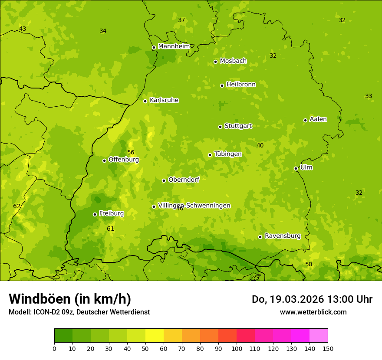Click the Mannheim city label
pyautogui.click(x=174, y=46)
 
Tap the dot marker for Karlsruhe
pyautogui.click(x=145, y=101)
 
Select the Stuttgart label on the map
pyautogui.click(x=238, y=126)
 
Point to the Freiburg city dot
pyautogui.click(x=95, y=214)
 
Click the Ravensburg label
pyautogui.click(x=283, y=236)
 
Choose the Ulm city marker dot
pyautogui.click(x=296, y=168)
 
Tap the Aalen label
pyautogui.click(x=318, y=119)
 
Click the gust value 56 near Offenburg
pyautogui.click(x=131, y=152)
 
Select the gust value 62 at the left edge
pyautogui.click(x=17, y=206)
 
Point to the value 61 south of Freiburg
pyautogui.click(x=111, y=229)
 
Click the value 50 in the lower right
pyautogui.click(x=309, y=264)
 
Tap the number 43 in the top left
pyautogui.click(x=23, y=29)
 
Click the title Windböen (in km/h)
pyautogui.click(x=70, y=299)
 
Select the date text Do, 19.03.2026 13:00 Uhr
pyautogui.click(x=312, y=299)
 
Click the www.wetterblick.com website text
pyautogui.click(x=313, y=312)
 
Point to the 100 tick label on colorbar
pyautogui.click(x=237, y=348)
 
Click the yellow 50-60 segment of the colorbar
pyautogui.click(x=155, y=336)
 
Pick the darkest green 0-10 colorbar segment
pyautogui.click(x=63, y=336)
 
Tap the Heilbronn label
pyautogui.click(x=241, y=85)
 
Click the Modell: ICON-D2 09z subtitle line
pyautogui.click(x=79, y=312)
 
